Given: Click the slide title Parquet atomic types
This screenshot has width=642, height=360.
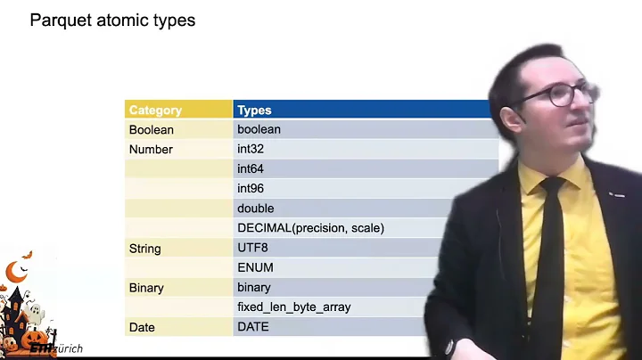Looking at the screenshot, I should tap(112, 20).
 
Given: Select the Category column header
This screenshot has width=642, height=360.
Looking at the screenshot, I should tap(155, 110).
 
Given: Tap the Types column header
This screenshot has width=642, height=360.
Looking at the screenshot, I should tap(254, 110).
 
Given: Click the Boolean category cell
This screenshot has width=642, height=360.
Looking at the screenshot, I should tap(152, 130).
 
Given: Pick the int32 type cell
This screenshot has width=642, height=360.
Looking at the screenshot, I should tap(251, 150).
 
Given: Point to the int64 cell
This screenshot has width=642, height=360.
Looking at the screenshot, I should tap(251, 169).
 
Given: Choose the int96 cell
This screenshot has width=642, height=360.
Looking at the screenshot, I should tap(251, 189).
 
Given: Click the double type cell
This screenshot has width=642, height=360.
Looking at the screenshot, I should tap(256, 209).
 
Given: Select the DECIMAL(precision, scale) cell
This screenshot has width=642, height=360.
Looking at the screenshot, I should tap(310, 228).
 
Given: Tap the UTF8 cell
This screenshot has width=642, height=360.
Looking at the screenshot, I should tap(252, 248).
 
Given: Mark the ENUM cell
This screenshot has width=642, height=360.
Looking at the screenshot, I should tap(255, 267).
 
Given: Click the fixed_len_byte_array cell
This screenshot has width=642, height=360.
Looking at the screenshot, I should tap(293, 307).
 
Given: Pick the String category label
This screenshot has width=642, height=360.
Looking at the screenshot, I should tap(146, 248).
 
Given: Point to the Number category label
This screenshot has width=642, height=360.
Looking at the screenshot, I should tap(151, 150).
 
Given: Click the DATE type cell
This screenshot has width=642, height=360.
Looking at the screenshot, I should tap(253, 327).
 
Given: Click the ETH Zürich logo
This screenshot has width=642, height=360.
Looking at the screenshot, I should tap(56, 348).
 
